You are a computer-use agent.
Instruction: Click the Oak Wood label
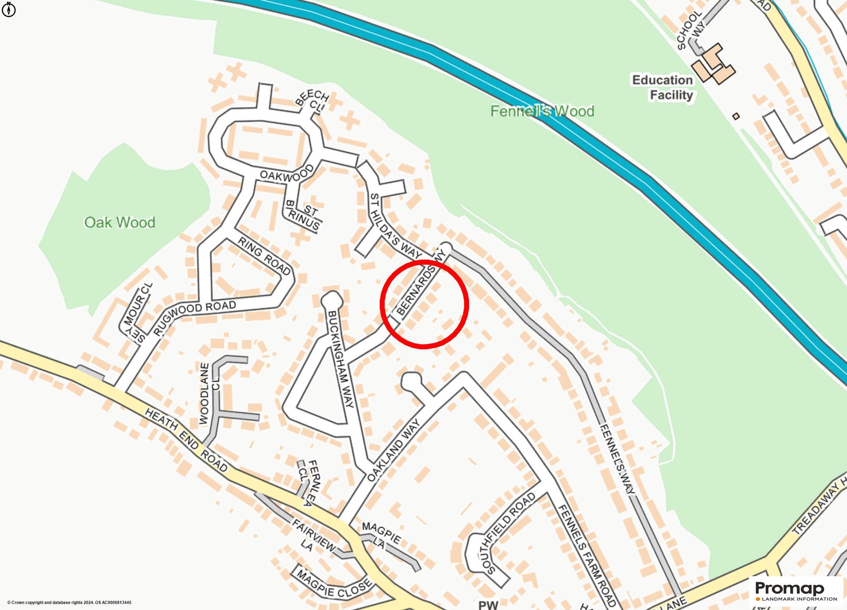119,222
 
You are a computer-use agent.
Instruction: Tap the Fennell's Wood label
542,111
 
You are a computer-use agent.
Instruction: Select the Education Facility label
663,87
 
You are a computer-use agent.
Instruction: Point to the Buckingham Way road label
340,360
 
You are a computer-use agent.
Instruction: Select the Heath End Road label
186,440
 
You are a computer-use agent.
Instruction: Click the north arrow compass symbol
8,9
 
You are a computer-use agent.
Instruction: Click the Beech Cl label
313,100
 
